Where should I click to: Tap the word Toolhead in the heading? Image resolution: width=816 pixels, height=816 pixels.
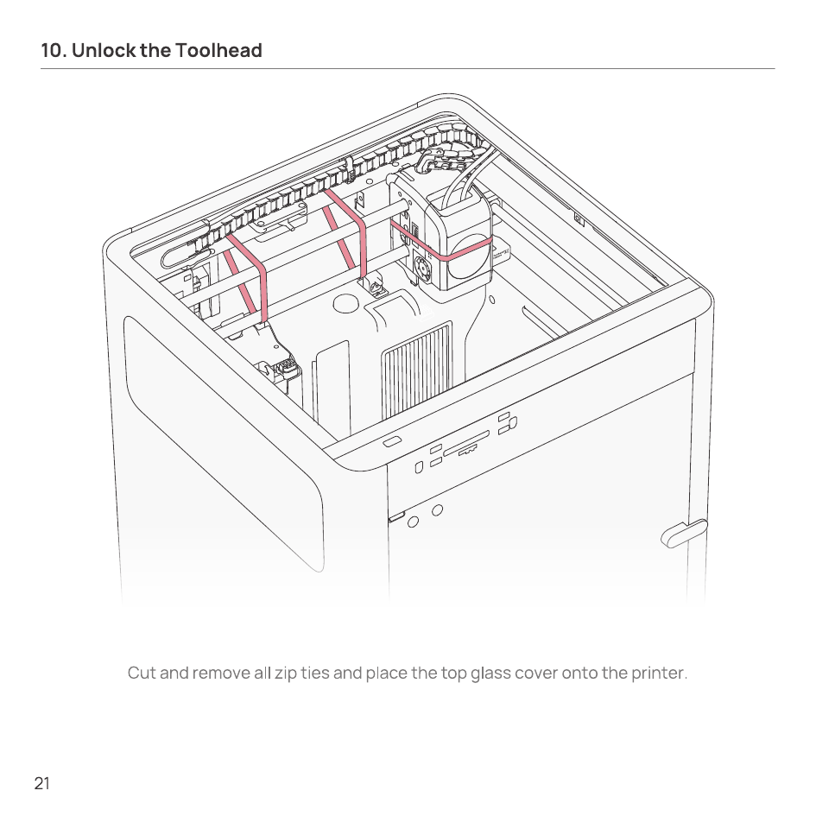pos(218,50)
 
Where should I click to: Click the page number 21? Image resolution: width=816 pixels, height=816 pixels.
pos(42,783)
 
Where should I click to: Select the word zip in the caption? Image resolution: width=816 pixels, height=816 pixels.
pos(286,674)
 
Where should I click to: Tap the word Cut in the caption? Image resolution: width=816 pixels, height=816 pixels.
pos(142,673)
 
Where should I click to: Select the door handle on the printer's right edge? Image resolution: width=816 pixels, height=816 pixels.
pos(684,533)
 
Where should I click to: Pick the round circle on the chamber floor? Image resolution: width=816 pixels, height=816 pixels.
pos(345,303)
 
